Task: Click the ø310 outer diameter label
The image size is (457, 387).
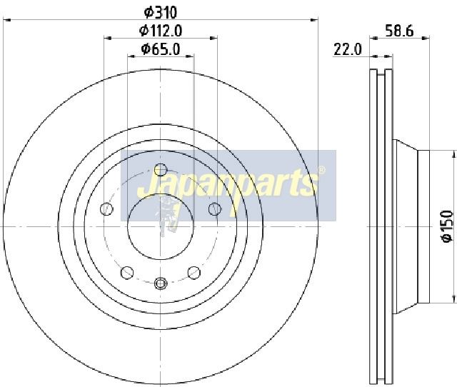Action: [161, 12]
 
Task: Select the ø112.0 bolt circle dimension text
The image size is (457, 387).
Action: [161, 30]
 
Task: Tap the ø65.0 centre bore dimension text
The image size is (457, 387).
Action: [160, 49]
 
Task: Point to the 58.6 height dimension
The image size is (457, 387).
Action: [399, 31]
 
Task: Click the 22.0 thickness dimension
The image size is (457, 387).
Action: [348, 49]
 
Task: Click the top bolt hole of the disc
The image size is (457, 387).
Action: [160, 170]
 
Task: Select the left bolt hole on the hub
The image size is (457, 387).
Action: [106, 209]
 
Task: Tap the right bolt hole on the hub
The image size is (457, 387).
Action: [215, 209]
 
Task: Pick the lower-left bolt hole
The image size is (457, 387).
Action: [127, 273]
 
